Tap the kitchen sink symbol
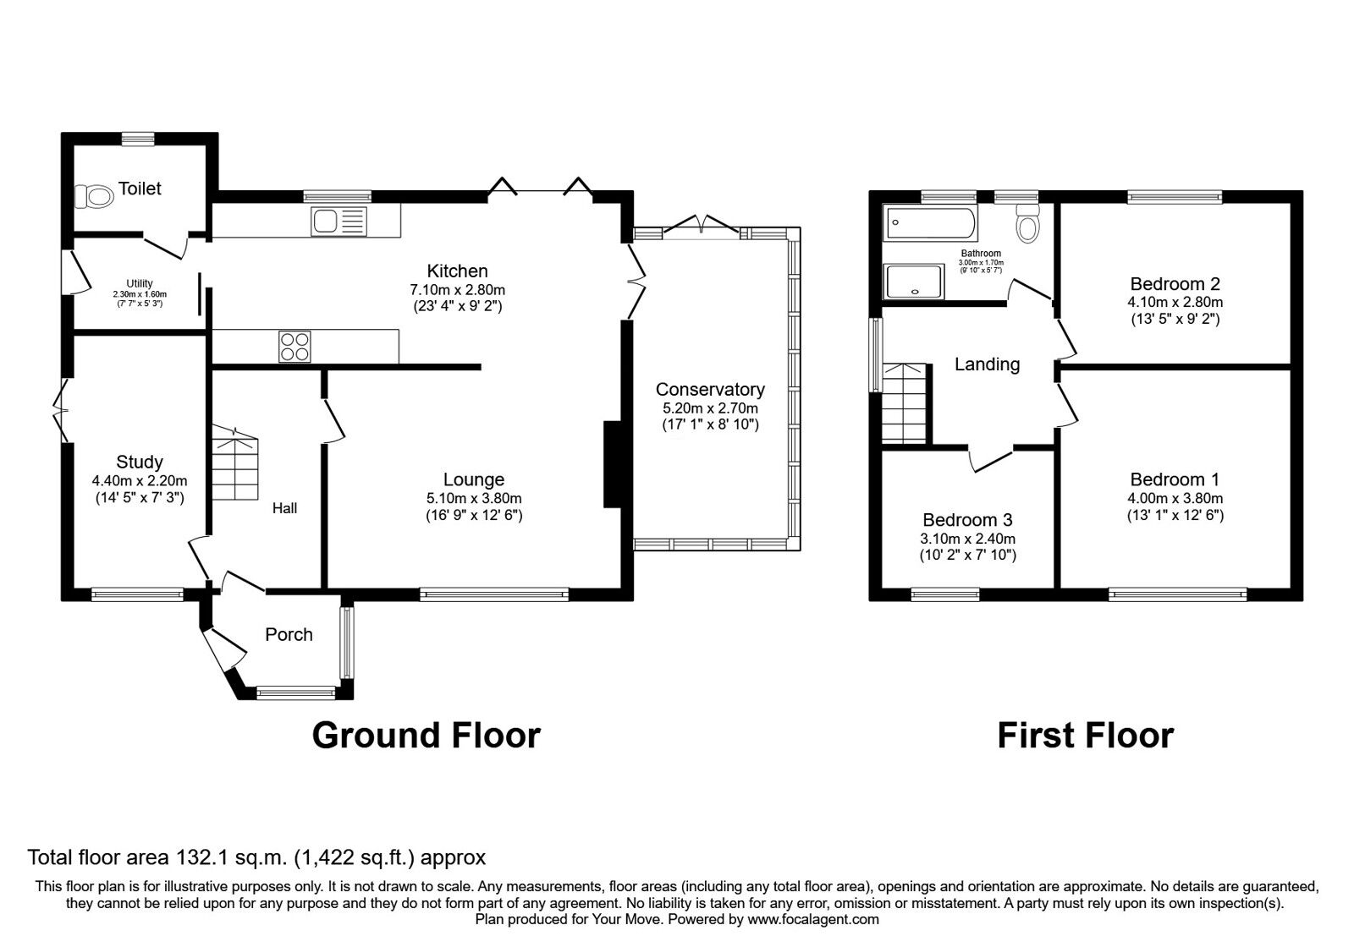(x=339, y=222)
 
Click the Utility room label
(x=140, y=283)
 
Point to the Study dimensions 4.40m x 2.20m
(x=140, y=480)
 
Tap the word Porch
(x=289, y=634)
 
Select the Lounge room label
(x=473, y=479)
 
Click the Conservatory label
(x=710, y=389)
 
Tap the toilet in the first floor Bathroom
(x=1029, y=223)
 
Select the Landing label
(x=987, y=364)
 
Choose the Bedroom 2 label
(x=1175, y=283)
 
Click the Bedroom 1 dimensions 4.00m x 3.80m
(x=1175, y=499)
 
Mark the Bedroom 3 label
(x=967, y=520)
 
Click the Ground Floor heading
(x=426, y=736)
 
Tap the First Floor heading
(x=1085, y=736)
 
